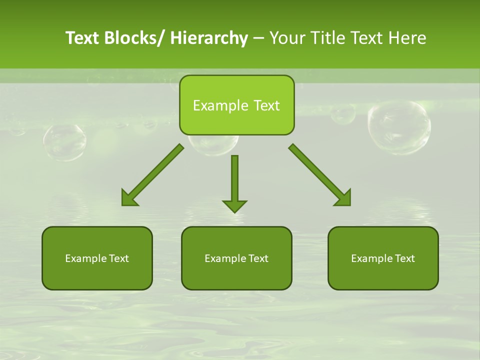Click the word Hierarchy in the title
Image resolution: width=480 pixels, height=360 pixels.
[209, 38]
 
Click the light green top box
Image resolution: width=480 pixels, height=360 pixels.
[236, 105]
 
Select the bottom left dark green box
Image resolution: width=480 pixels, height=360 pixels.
[97, 258]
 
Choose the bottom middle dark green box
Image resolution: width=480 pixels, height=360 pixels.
[236, 258]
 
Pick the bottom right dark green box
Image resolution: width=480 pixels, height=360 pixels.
[383, 258]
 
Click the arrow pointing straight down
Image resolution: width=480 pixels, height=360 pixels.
[234, 180]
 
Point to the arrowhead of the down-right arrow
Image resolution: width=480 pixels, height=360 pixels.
[343, 198]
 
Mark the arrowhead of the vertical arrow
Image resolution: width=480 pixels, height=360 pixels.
[234, 205]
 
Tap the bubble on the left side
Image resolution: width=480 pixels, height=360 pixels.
[64, 142]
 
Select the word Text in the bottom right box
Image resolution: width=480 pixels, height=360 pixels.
[404, 258]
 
